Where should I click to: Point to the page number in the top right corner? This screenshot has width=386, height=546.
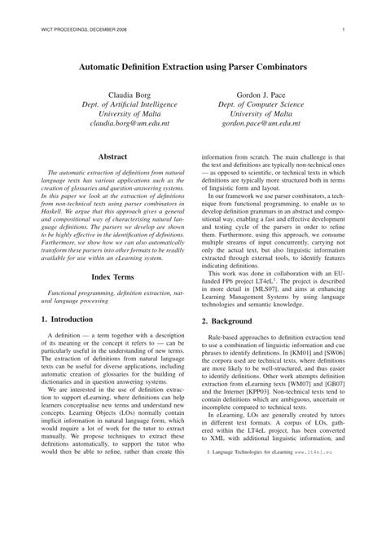coord(345,30)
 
